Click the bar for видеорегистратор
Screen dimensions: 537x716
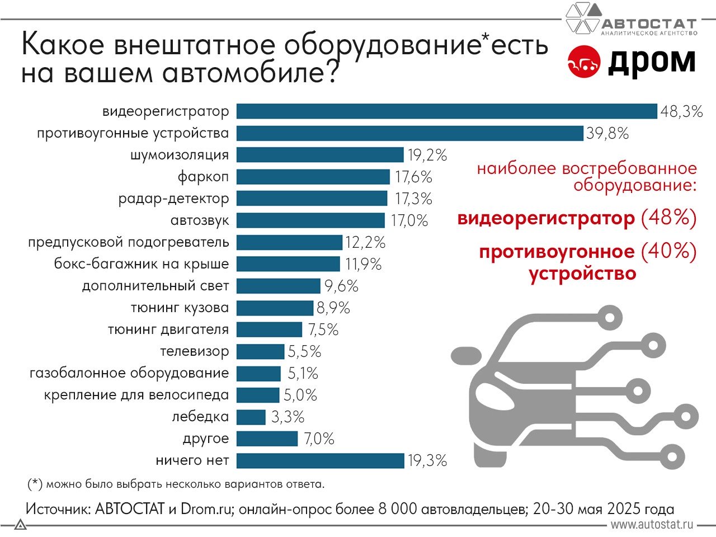(446, 111)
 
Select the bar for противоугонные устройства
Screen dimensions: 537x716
(410, 133)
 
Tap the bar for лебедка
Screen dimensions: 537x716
(251, 417)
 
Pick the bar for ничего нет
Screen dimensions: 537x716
(320, 461)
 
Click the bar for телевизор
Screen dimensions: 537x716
(260, 352)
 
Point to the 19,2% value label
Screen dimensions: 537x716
(427, 155)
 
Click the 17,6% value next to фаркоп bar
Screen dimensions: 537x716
(413, 177)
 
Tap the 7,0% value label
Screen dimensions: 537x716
(319, 439)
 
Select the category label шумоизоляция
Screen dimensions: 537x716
(179, 155)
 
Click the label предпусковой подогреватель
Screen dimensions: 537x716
(129, 243)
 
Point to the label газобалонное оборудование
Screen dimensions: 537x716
(129, 373)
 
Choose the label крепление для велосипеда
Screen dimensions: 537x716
(136, 395)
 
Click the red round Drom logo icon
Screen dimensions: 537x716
(583, 63)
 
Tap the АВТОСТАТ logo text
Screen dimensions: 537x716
(649, 24)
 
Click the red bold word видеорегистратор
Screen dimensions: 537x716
(546, 218)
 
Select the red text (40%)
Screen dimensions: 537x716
(668, 252)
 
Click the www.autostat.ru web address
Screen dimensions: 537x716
(652, 525)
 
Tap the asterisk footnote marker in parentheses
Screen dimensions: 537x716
(35, 483)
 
